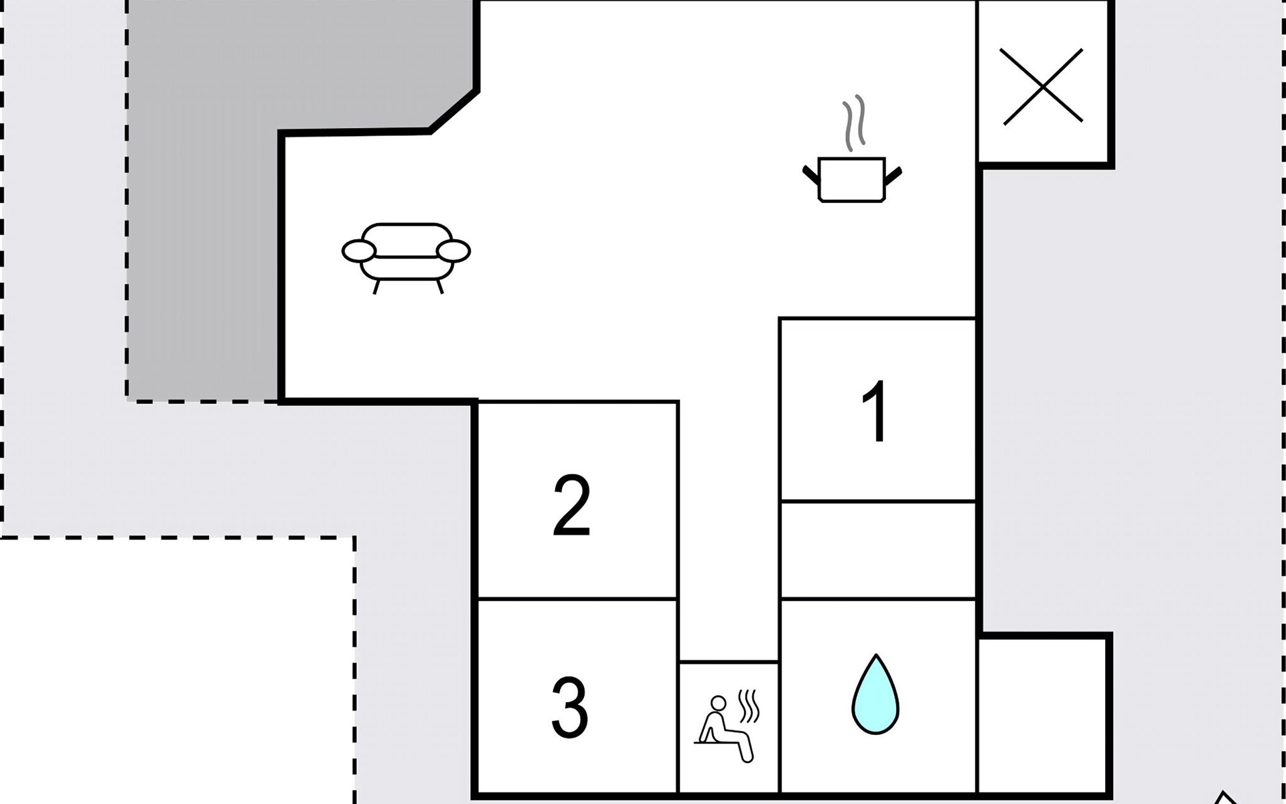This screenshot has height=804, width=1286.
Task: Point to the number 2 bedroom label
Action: [571, 505]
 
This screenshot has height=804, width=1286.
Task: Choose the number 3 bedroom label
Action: [569, 708]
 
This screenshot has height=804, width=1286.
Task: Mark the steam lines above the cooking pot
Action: [854, 123]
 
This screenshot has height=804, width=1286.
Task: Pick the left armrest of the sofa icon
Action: [359, 251]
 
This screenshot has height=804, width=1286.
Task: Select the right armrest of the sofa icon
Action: [453, 251]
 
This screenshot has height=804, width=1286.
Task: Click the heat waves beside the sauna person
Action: [748, 707]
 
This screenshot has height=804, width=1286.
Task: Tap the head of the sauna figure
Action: [718, 703]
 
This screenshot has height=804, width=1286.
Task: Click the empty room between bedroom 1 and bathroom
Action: [877, 549]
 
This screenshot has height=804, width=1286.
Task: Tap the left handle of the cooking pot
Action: [810, 174]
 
